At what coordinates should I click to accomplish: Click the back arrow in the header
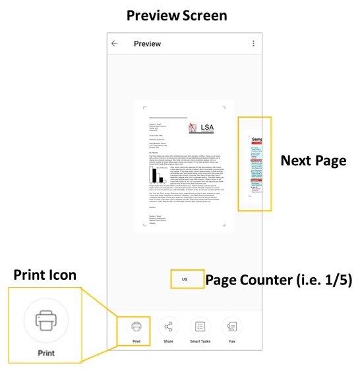pos(115,43)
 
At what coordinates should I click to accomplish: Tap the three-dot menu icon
pos(253,43)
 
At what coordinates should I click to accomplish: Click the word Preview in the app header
pos(147,43)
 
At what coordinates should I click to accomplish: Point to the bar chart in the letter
pos(157,175)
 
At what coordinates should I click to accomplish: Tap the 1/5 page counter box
pos(185,279)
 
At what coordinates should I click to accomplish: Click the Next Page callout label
pos(313,161)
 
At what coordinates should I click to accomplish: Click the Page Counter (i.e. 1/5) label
pos(279,279)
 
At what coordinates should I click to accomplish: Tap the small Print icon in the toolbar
pos(136,326)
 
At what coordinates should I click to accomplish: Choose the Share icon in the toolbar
pos(168,326)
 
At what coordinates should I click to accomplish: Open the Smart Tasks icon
pos(200,326)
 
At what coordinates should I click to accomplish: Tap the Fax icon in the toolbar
pos(231,326)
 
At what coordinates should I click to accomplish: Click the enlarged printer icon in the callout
pos(46,321)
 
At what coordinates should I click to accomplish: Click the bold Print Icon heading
pos(45,275)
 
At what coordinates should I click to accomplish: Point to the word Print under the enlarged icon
pos(45,352)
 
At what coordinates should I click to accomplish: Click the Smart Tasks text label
pos(200,342)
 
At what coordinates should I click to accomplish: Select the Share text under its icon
pos(168,342)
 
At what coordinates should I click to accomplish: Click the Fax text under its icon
pos(231,342)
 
